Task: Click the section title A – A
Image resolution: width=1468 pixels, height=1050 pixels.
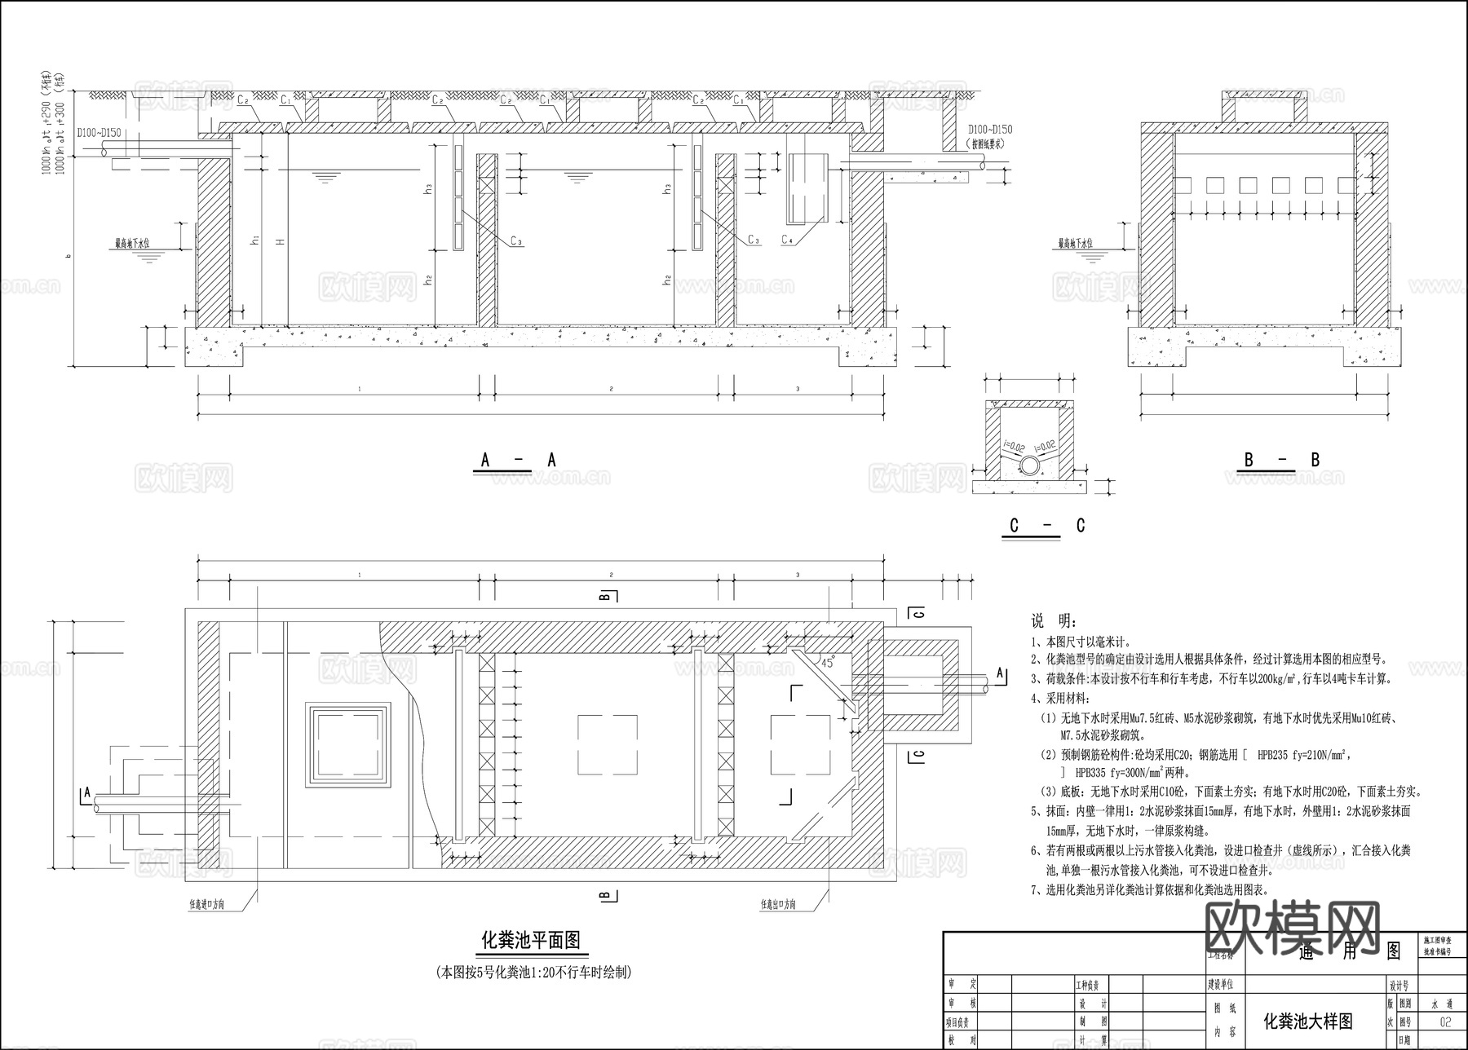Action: point(517,461)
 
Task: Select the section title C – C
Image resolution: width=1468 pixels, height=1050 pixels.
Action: point(1046,526)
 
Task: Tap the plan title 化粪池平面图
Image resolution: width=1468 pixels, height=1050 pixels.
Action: point(531,940)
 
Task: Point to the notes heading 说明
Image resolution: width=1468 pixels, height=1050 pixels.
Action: point(1054,622)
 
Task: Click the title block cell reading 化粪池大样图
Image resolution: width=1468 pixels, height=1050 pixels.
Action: point(1307,1021)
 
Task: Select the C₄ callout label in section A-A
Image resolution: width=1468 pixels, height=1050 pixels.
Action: point(787,240)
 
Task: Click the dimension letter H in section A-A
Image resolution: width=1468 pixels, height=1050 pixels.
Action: point(280,242)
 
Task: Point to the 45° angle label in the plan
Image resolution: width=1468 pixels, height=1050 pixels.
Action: point(828,664)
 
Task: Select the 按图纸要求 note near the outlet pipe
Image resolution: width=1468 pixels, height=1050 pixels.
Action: point(989,143)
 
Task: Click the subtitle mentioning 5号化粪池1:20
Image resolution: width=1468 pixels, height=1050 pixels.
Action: point(533,972)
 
